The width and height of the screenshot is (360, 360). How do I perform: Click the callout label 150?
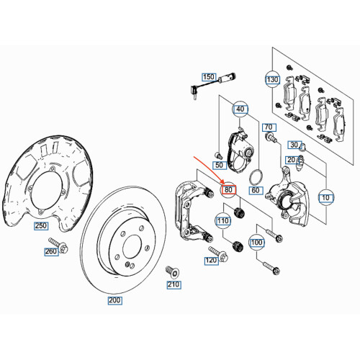pyautogui.click(x=209, y=76)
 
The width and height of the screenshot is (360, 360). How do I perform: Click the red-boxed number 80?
pyautogui.click(x=228, y=190)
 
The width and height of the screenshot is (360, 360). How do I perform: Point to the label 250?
pyautogui.click(x=40, y=226)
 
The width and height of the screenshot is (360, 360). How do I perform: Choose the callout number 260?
pyautogui.click(x=50, y=252)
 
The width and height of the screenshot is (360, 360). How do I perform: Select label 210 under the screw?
pyautogui.click(x=173, y=285)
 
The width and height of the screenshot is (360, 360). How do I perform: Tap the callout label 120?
pyautogui.click(x=212, y=260)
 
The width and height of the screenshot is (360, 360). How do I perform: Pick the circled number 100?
pyautogui.click(x=256, y=243)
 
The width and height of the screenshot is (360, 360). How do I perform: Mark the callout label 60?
pyautogui.click(x=254, y=191)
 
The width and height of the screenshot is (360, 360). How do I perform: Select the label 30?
pyautogui.click(x=294, y=144)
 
